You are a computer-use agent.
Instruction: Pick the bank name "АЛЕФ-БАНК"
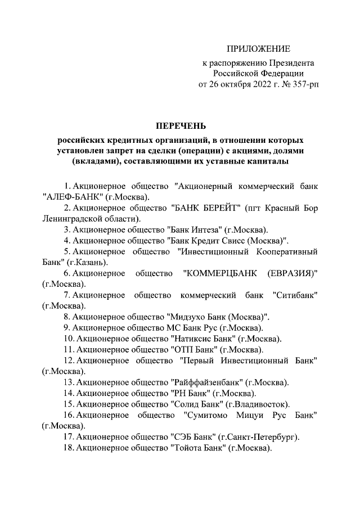[71, 197]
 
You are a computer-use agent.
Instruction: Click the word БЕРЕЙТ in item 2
[219, 208]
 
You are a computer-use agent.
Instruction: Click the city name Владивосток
[262, 404]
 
